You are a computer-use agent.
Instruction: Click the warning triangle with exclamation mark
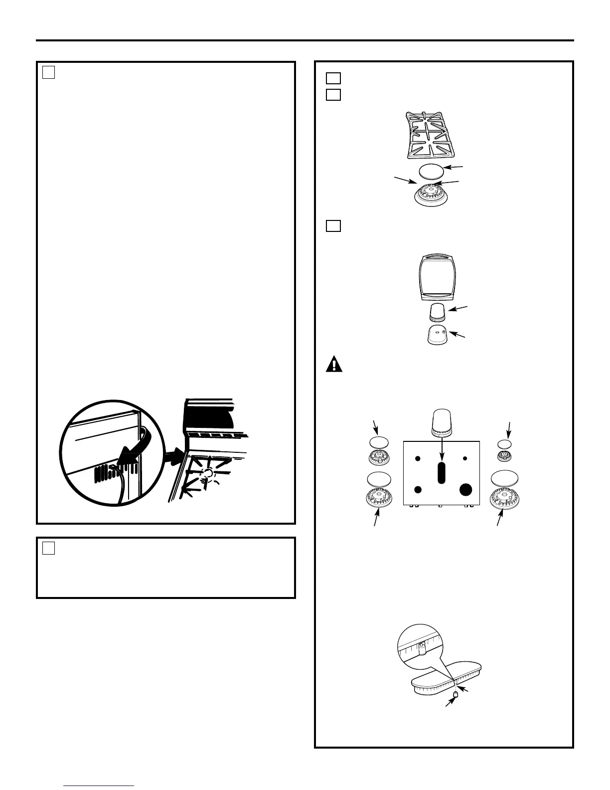pyautogui.click(x=334, y=365)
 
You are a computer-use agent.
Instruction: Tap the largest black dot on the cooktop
pyautogui.click(x=465, y=489)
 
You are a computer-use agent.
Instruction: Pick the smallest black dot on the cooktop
pyautogui.click(x=465, y=458)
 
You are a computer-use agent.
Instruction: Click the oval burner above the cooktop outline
pyautogui.click(x=441, y=422)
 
